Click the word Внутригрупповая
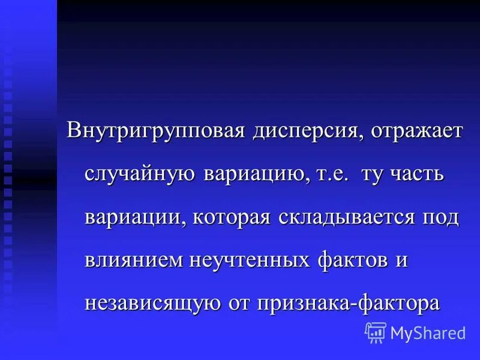point(155,131)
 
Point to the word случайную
point(139,175)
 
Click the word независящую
point(153,303)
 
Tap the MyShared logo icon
point(376,332)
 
